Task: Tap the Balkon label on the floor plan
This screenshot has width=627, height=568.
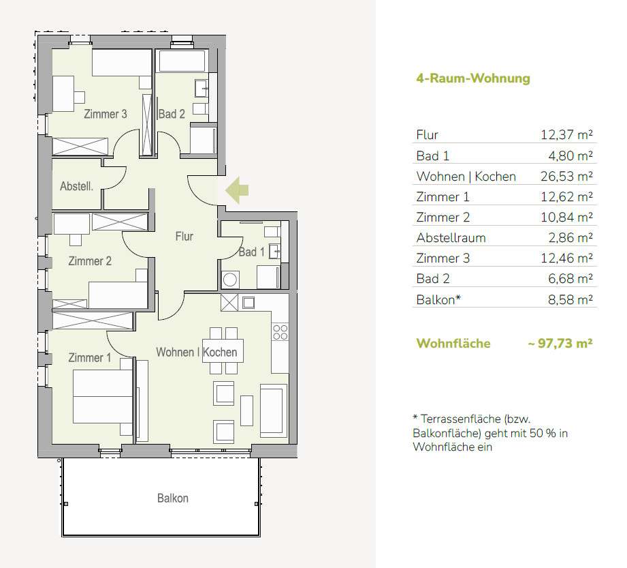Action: (173, 498)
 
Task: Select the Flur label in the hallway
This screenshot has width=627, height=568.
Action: (184, 237)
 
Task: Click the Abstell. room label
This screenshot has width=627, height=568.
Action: (76, 186)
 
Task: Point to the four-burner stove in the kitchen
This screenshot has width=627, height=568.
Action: (280, 332)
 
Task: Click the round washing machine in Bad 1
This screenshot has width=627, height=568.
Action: (230, 280)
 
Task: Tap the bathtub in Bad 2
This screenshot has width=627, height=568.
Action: (182, 61)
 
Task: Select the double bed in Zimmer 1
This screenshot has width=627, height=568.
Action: (103, 396)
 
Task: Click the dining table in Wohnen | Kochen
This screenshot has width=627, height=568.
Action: (223, 351)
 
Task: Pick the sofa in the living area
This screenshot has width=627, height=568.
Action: (274, 410)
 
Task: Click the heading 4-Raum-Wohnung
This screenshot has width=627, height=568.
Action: (473, 78)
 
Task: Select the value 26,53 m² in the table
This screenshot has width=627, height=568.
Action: (566, 176)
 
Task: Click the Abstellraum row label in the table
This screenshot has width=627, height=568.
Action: (451, 237)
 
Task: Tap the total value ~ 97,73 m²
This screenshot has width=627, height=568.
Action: (560, 343)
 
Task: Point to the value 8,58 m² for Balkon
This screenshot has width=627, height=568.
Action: (570, 299)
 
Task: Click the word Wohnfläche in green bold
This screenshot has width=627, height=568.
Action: (453, 343)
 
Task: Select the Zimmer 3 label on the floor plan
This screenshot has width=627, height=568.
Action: (105, 114)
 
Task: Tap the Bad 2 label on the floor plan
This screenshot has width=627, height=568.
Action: (172, 114)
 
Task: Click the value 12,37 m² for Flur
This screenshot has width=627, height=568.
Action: (566, 134)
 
